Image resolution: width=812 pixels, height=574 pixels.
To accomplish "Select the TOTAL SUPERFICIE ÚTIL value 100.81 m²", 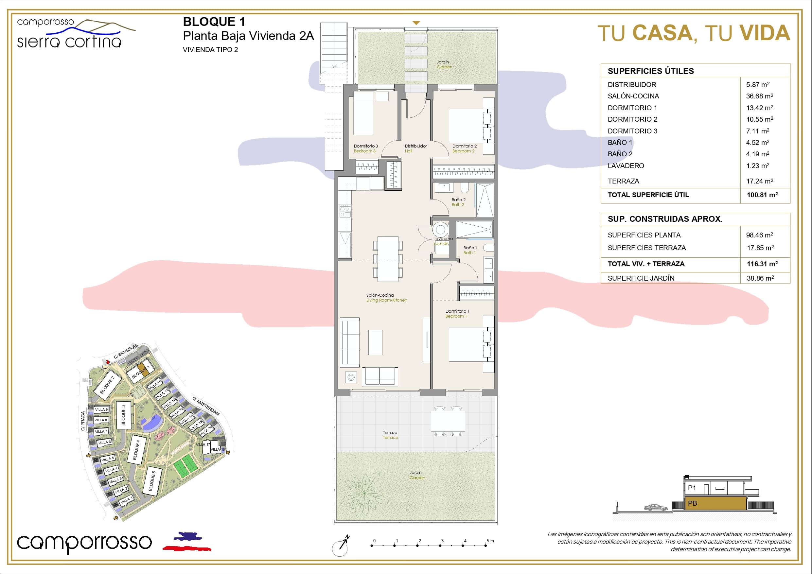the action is point(762,195).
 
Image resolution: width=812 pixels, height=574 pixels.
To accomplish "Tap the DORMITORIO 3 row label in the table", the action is point(632,131).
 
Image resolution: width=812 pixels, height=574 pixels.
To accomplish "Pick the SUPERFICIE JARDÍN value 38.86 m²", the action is point(760,278).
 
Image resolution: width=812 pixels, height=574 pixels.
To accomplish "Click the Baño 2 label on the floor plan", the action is point(458,200).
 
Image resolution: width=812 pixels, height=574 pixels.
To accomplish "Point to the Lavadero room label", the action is point(443,239).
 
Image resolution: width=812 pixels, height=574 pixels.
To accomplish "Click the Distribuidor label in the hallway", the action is point(416,146).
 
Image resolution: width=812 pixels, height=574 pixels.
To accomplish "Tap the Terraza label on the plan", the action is point(390,432).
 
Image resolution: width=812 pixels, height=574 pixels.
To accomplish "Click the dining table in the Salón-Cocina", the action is point(388,259).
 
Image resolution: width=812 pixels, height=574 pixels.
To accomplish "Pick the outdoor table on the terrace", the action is point(448,421).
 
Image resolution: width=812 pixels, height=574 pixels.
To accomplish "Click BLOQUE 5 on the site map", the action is point(152,481).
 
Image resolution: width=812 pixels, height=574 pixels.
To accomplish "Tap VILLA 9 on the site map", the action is point(101,409).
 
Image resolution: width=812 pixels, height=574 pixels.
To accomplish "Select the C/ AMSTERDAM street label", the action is point(206,406).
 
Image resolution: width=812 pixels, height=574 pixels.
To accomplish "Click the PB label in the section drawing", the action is point(692,503).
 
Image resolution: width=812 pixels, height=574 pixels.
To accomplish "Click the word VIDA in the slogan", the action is point(765,33).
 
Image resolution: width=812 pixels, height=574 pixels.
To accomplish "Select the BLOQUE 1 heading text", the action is point(214,22).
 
